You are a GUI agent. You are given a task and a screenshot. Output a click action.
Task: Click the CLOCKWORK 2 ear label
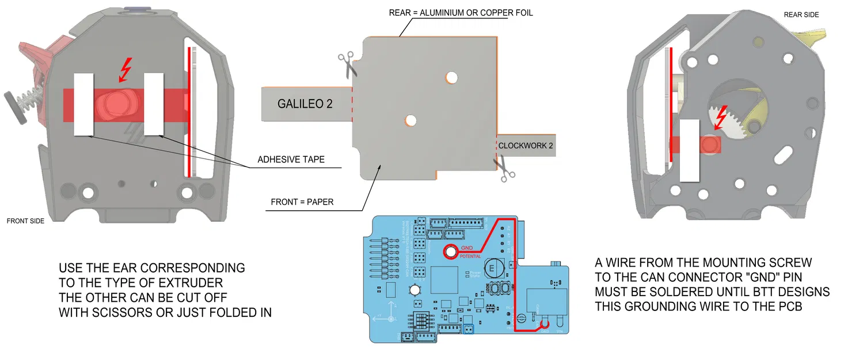click(x=525, y=146)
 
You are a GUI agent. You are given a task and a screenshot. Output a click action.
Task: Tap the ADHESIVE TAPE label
click(x=291, y=160)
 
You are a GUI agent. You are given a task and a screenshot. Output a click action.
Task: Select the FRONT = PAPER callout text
click(x=302, y=202)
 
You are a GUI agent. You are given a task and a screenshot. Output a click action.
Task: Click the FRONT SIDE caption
click(x=25, y=221)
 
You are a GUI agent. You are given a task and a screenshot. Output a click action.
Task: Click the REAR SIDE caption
click(x=801, y=14)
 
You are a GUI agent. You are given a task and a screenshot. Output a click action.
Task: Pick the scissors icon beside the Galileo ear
click(x=347, y=64)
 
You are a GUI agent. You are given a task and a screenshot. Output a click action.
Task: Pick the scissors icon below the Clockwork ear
click(x=504, y=170)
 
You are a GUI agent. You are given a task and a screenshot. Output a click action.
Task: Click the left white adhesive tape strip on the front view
click(x=84, y=105)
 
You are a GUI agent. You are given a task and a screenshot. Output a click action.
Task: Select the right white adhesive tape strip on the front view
click(x=155, y=105)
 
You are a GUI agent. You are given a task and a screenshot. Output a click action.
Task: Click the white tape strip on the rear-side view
click(x=690, y=151)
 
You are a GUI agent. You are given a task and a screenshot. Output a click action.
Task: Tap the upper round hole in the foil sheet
click(x=451, y=76)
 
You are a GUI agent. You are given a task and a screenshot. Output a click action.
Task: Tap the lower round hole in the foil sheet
click(x=410, y=120)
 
